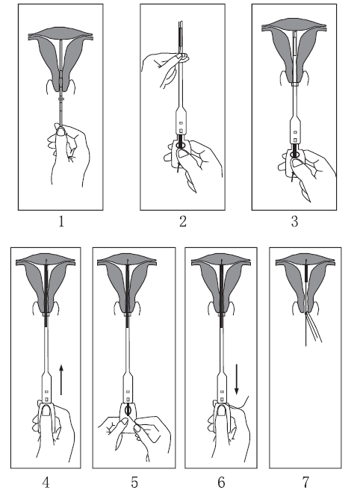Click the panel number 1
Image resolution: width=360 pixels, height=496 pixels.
(61, 221)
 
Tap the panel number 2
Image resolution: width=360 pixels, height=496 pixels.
(183, 221)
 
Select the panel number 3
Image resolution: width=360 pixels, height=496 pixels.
(294, 221)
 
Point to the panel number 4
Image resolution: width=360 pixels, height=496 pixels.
(46, 483)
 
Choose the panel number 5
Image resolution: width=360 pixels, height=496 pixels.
(134, 483)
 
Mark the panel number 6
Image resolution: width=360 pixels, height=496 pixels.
(221, 483)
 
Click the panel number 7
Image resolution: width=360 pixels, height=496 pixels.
(305, 483)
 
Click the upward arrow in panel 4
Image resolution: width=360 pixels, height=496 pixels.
(61, 380)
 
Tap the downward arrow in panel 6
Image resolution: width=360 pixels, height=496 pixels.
(237, 379)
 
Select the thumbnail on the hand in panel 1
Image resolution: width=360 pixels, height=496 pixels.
(60, 131)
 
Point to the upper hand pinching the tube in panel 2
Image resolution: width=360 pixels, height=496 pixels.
(164, 68)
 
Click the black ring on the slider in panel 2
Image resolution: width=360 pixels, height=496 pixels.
(181, 145)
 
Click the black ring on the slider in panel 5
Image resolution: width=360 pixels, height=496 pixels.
(128, 410)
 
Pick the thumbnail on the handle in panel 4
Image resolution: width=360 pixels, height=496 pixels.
(46, 412)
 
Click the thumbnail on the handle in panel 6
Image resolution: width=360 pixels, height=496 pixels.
(222, 412)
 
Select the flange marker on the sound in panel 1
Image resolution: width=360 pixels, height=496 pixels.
(61, 99)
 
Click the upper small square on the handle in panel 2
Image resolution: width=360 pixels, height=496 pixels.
(181, 123)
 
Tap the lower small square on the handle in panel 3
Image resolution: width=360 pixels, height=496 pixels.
(295, 140)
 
